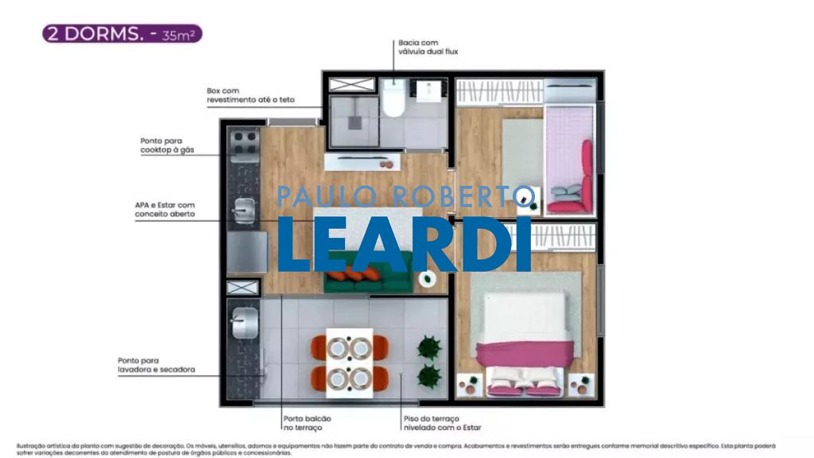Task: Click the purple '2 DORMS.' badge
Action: pos(122,34)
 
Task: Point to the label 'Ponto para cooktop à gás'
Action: pos(167,145)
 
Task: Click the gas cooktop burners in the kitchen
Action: pos(243,144)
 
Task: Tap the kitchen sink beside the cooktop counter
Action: pos(243,209)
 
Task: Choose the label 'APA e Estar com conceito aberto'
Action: pos(165,210)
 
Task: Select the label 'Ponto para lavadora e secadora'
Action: pos(156,365)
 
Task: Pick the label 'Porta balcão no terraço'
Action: pos(307,423)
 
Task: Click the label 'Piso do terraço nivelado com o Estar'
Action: pos(442,423)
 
